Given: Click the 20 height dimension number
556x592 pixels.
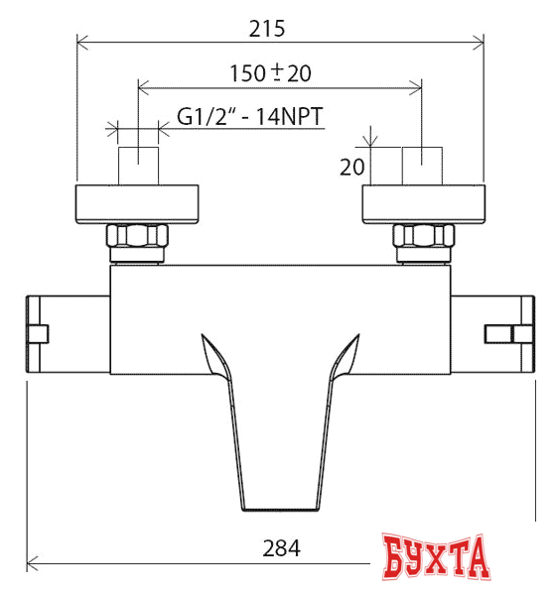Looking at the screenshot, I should pos(351,167).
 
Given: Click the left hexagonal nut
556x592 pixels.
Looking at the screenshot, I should pos(138,239).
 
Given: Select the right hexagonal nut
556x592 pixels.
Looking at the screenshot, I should pos(424,239).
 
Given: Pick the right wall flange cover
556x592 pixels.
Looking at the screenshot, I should pos(424,204).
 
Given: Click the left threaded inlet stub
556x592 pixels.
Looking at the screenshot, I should pos(138,165).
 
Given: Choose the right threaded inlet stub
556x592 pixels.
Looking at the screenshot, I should pos(421,165).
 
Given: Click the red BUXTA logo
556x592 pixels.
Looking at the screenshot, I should pos(437,560).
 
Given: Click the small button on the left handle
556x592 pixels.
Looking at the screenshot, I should pos(39,334).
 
